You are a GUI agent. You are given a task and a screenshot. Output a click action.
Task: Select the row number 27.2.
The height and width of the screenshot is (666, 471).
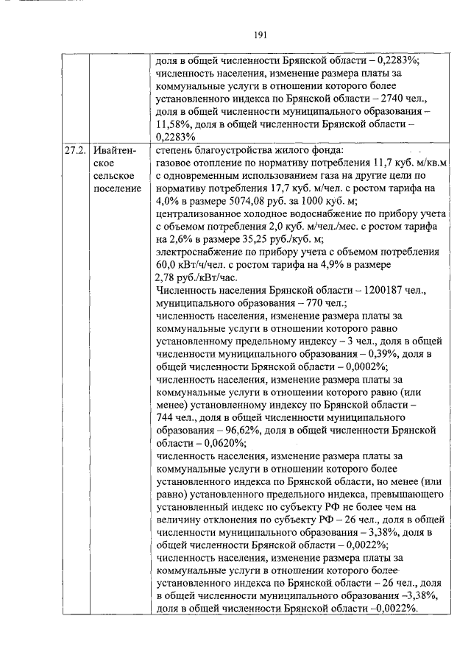(74, 150)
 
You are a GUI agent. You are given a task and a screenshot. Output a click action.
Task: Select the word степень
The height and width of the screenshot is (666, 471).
(174, 150)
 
